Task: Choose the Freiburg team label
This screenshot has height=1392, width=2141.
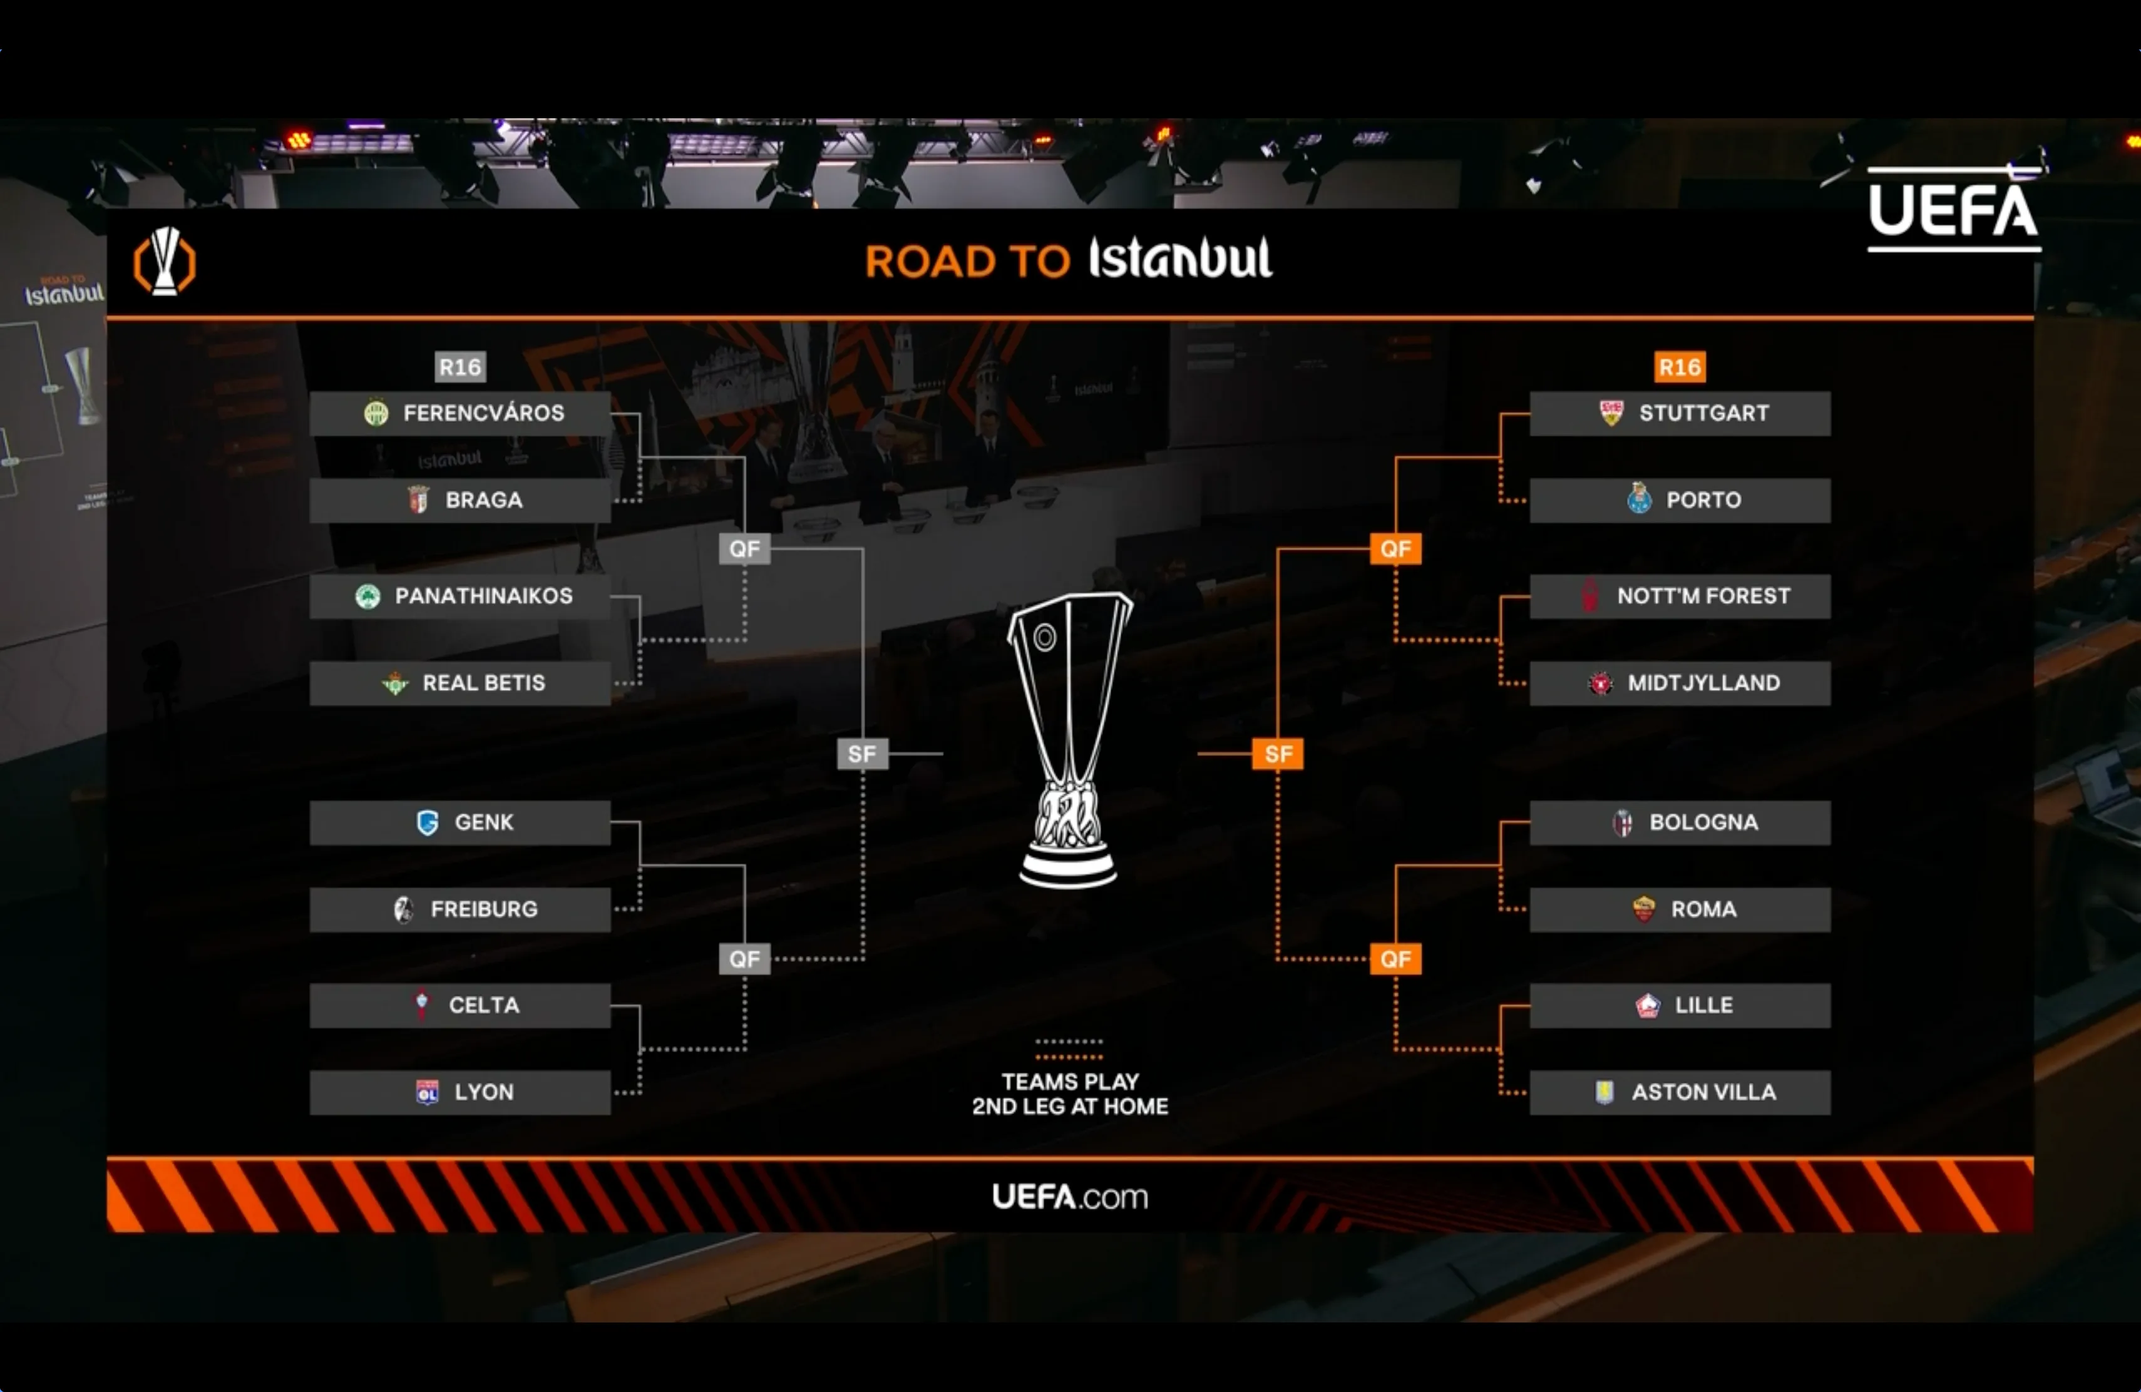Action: tap(483, 909)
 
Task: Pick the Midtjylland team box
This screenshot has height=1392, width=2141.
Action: tap(1680, 683)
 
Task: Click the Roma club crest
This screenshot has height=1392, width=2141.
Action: tap(1643, 909)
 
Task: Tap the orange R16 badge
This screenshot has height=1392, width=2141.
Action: tap(1680, 367)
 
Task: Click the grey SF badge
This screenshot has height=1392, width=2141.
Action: tap(862, 754)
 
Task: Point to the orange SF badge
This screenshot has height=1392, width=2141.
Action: tap(1278, 754)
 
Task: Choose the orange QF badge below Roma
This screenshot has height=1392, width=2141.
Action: tap(1395, 959)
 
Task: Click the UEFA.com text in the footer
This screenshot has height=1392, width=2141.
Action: tap(1070, 1196)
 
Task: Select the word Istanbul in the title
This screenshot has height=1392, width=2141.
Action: tap(1180, 259)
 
